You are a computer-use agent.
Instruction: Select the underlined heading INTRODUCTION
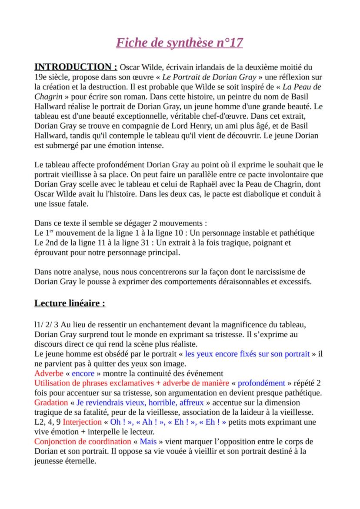point(76,67)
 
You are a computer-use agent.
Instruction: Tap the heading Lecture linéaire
point(70,303)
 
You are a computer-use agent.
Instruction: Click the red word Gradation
point(51,403)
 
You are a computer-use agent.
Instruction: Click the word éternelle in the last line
point(80,461)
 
